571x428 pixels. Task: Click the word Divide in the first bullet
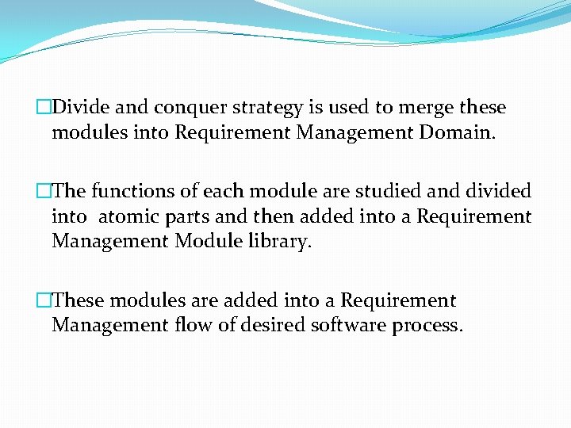(82, 107)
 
